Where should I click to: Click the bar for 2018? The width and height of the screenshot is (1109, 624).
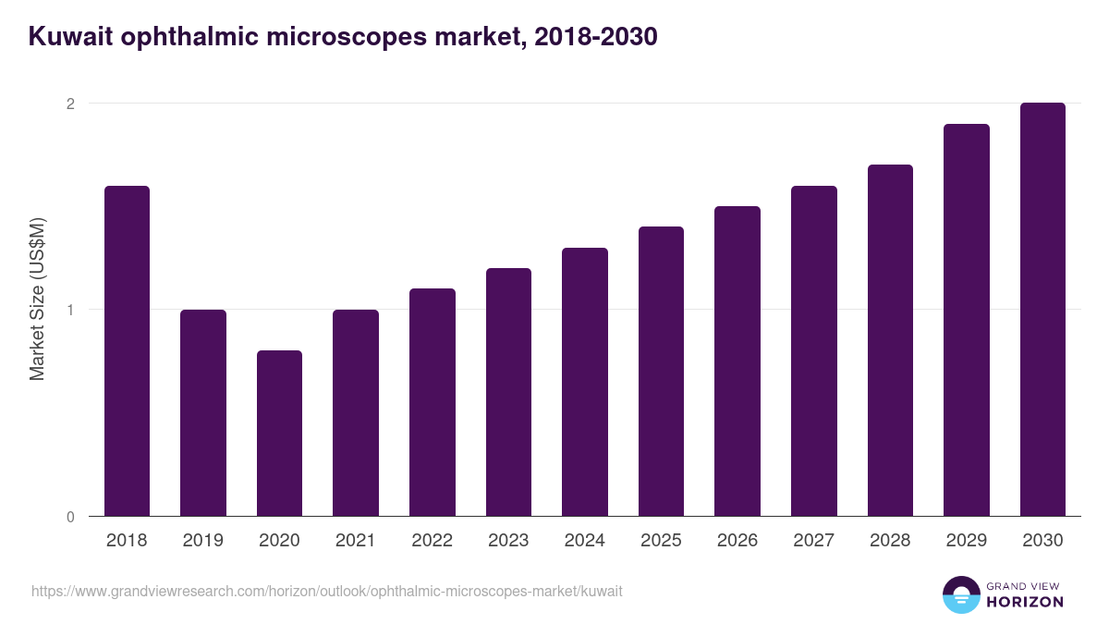(x=127, y=351)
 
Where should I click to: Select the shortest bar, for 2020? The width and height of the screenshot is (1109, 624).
(x=279, y=434)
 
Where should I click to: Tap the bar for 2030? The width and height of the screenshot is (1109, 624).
(x=1042, y=310)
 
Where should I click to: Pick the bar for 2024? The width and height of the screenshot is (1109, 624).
(x=585, y=382)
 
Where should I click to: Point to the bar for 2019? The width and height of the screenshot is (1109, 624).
(x=203, y=413)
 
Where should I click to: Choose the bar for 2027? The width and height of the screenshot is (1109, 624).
(x=814, y=351)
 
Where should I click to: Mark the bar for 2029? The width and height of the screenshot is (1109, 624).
(x=967, y=320)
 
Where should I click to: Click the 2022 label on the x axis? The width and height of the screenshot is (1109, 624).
(x=432, y=541)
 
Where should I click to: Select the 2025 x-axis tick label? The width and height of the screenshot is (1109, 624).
(x=661, y=541)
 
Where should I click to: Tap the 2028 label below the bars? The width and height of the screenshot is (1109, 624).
(x=890, y=541)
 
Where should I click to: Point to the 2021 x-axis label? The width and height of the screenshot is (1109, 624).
(x=356, y=541)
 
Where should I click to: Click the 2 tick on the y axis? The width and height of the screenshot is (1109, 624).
(x=70, y=104)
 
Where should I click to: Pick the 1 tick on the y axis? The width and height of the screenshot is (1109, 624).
(x=70, y=310)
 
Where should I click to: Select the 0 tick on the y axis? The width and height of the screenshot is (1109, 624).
(x=70, y=517)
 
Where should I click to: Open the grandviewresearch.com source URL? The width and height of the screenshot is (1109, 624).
(x=327, y=591)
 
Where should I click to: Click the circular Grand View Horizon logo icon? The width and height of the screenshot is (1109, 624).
(x=960, y=594)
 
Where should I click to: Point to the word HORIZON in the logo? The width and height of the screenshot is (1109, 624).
(x=1025, y=602)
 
